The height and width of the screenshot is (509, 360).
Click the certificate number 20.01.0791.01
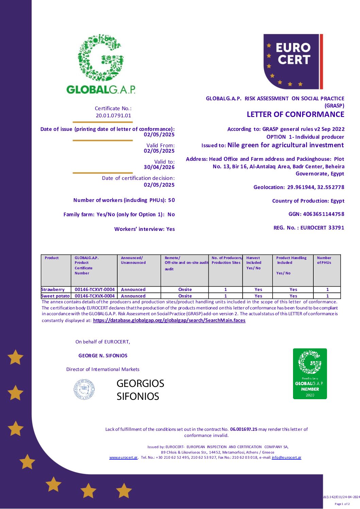click(113, 116)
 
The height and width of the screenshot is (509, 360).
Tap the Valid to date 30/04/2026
click(159, 167)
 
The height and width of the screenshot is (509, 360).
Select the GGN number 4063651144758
click(323, 214)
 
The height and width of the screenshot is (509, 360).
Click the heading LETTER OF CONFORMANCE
click(295, 115)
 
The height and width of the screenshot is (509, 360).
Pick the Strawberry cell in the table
click(53, 290)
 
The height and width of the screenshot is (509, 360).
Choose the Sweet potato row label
click(55, 296)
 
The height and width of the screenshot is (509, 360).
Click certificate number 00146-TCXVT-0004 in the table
click(95, 290)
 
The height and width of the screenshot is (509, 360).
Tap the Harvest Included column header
click(254, 263)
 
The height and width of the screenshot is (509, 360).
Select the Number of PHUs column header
click(324, 260)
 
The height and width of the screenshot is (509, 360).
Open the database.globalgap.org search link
click(169, 321)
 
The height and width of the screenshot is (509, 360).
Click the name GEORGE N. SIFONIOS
click(103, 356)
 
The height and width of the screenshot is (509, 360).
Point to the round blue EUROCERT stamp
click(84, 389)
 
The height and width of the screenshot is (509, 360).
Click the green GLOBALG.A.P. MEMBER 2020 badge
click(310, 373)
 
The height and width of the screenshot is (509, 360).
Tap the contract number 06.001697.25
click(244, 429)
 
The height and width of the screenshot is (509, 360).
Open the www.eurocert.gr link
click(123, 458)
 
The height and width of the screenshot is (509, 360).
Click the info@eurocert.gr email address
click(286, 458)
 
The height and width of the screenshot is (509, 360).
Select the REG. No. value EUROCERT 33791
click(322, 228)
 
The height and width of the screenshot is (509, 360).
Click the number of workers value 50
click(171, 200)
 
